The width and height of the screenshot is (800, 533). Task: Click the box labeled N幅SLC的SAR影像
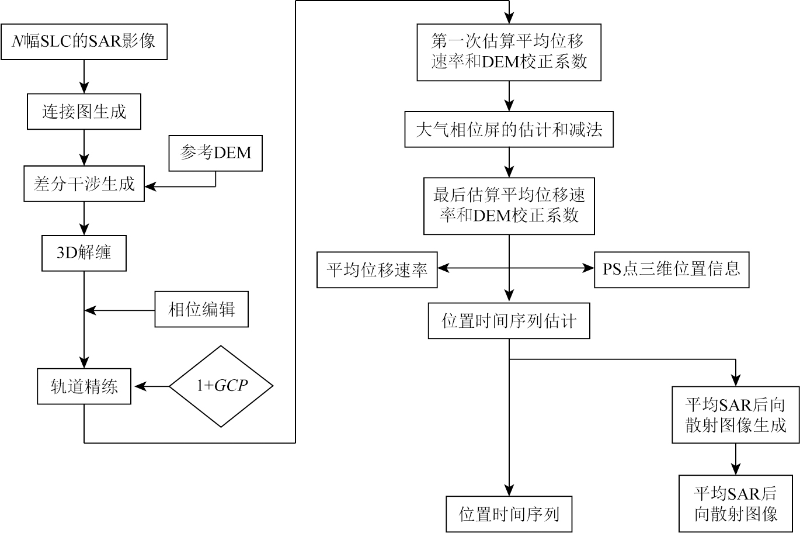(x=84, y=41)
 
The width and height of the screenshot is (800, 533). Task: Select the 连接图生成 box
(x=84, y=112)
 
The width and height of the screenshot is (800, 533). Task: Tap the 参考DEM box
(x=215, y=153)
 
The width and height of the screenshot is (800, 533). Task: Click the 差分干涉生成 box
(x=84, y=184)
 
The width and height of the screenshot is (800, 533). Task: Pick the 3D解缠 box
(x=84, y=253)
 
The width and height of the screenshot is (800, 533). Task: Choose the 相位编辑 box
(x=201, y=309)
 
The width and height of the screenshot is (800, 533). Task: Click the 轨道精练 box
(x=84, y=386)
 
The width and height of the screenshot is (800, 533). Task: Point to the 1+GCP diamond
(x=221, y=386)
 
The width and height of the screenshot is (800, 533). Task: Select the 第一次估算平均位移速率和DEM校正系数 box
(x=509, y=52)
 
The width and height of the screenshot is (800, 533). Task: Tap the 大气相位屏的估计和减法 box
(x=509, y=130)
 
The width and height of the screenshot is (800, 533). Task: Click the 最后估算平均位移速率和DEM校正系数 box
(x=509, y=206)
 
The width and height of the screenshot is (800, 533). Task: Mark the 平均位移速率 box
(x=377, y=269)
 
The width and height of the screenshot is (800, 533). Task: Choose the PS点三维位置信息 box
(x=672, y=269)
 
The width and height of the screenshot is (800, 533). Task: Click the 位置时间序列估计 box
(x=509, y=321)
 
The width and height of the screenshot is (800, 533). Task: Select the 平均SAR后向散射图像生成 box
(x=735, y=415)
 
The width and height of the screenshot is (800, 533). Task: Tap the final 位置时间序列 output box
(x=509, y=514)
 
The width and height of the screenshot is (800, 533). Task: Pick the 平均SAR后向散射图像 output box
(x=735, y=504)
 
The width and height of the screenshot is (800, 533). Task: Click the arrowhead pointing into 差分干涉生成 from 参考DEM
(x=149, y=187)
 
